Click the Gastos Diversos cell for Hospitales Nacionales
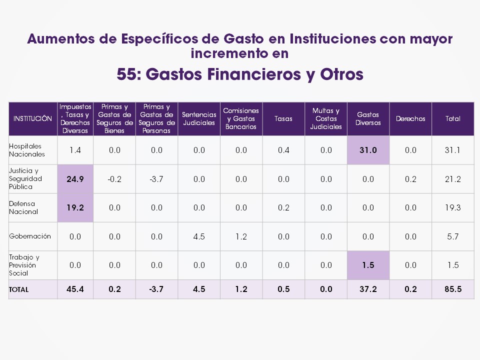pyautogui.click(x=368, y=150)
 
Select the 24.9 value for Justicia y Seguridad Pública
pyautogui.click(x=75, y=179)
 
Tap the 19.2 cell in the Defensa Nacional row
pyautogui.click(x=75, y=207)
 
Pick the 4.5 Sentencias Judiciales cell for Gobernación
pyautogui.click(x=199, y=236)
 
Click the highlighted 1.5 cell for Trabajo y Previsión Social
pyautogui.click(x=368, y=265)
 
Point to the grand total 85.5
pyautogui.click(x=453, y=289)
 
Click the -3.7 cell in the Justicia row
pyautogui.click(x=156, y=179)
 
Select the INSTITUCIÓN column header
pyautogui.click(x=33, y=119)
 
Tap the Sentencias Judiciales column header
pyautogui.click(x=199, y=119)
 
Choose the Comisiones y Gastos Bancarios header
pyautogui.click(x=241, y=119)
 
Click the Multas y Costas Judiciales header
pyautogui.click(x=326, y=119)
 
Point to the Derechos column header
pyautogui.click(x=410, y=119)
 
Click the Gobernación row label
pyautogui.click(x=30, y=236)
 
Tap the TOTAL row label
pyautogui.click(x=19, y=289)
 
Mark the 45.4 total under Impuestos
pyautogui.click(x=75, y=289)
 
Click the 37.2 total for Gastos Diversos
pyautogui.click(x=368, y=289)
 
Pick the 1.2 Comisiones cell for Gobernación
pyautogui.click(x=241, y=236)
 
